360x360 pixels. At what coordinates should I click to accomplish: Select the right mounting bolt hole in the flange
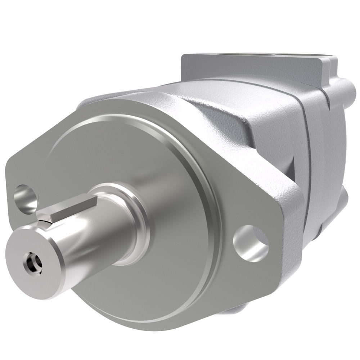tap(251, 243)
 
